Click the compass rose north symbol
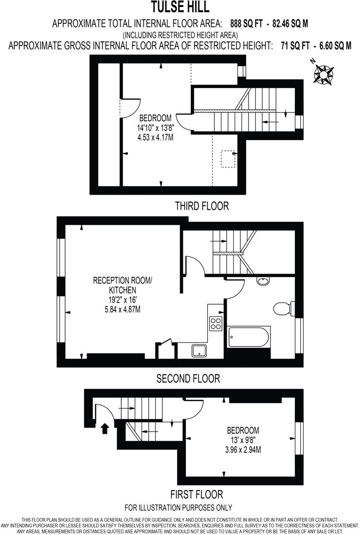(323, 73)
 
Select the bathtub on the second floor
(249, 337)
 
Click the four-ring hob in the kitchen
(216, 324)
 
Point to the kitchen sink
(199, 351)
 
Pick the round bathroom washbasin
(263, 281)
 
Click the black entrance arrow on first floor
(105, 429)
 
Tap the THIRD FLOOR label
(202, 206)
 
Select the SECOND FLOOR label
(188, 379)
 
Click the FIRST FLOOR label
(197, 494)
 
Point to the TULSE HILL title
(180, 7)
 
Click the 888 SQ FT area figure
(247, 23)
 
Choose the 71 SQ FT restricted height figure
(295, 46)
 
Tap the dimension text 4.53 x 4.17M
(155, 138)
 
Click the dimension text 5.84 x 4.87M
(122, 309)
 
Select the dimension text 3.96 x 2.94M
(243, 449)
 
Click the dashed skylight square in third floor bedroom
(228, 159)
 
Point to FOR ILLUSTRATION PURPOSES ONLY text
(178, 507)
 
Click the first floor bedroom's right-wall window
(299, 438)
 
